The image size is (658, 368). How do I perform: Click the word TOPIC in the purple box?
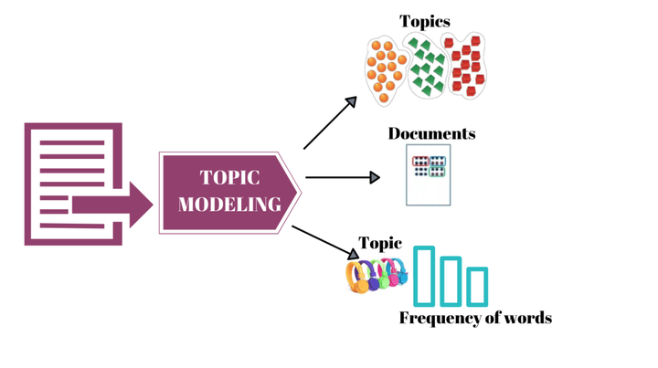(x=230, y=178)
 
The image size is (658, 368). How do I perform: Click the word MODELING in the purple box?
(x=229, y=205)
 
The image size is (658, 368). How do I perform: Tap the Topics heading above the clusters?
(x=424, y=21)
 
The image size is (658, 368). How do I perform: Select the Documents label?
(x=431, y=133)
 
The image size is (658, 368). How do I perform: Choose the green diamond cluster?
(x=425, y=69)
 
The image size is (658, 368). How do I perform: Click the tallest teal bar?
(x=423, y=275)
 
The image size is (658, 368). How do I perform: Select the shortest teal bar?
(x=477, y=286)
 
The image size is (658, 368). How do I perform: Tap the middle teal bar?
(x=451, y=280)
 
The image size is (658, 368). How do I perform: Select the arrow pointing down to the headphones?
(x=325, y=240)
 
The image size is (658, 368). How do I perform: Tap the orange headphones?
(x=357, y=277)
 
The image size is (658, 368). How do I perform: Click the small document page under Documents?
(x=428, y=174)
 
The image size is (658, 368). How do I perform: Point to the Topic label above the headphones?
(x=380, y=244)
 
